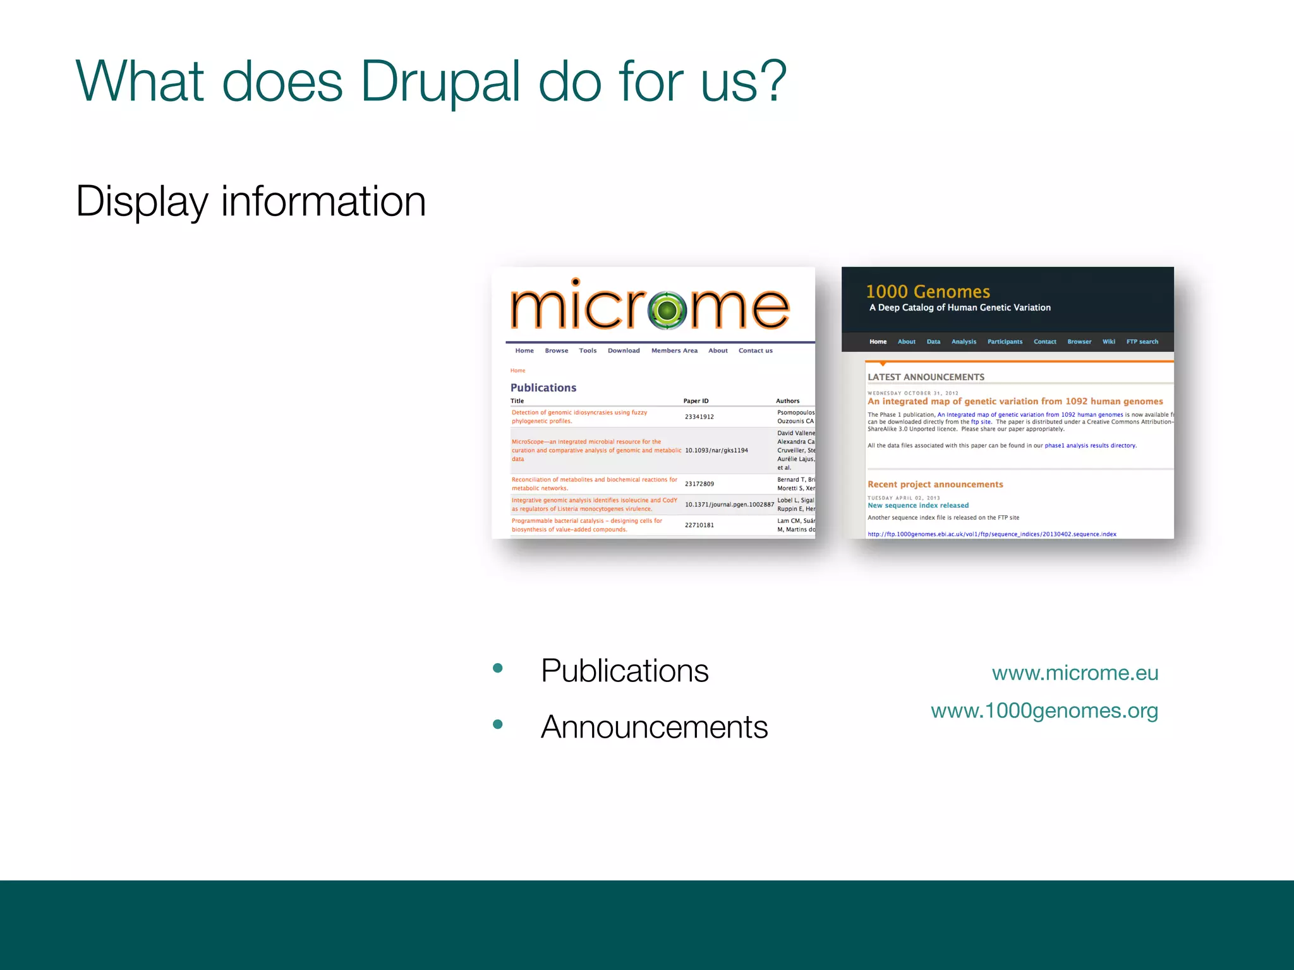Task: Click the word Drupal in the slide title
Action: [x=440, y=82]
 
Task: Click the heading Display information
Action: [x=251, y=201]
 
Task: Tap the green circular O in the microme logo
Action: [x=667, y=310]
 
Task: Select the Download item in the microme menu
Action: [x=624, y=350]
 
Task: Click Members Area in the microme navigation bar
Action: [x=674, y=350]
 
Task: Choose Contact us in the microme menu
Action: [x=755, y=350]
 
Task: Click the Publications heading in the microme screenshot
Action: [x=543, y=388]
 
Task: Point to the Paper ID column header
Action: [x=696, y=401]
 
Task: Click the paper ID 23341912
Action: [x=699, y=417]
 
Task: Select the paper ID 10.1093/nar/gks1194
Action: [x=716, y=450]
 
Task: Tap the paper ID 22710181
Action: [x=699, y=525]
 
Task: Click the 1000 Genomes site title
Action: [x=928, y=292]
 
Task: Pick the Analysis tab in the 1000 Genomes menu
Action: [x=964, y=342]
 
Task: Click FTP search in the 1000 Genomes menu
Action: [x=1142, y=342]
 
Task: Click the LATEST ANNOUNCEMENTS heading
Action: [x=926, y=377]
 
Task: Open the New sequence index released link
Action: [x=917, y=505]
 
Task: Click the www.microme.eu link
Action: [x=1075, y=673]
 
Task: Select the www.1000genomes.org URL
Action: [x=1044, y=711]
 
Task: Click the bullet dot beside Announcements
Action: [x=498, y=724]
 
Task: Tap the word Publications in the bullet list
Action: [x=624, y=671]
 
